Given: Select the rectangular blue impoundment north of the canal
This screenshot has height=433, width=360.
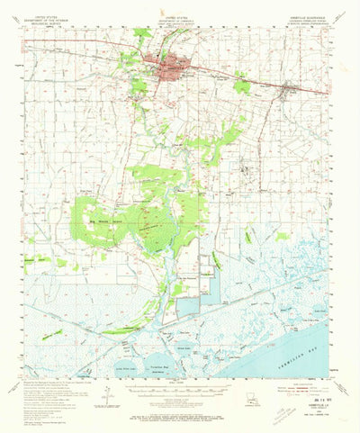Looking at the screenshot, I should [210, 282].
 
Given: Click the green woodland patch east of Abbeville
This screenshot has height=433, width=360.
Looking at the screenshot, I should [242, 86].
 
